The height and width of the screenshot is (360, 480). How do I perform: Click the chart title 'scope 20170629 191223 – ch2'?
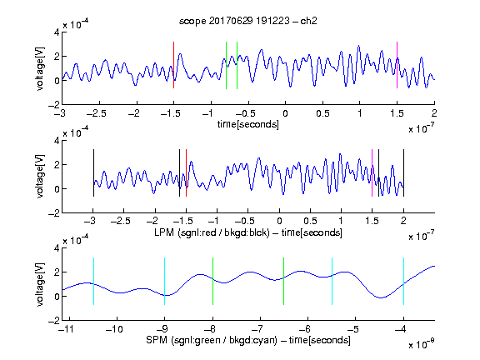point(248,21)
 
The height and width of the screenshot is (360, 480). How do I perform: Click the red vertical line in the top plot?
point(173,65)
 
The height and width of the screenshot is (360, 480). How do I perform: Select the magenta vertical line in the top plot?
point(397,65)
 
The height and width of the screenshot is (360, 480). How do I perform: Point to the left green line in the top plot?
point(226,65)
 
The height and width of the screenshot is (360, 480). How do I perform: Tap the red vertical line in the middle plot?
point(186,172)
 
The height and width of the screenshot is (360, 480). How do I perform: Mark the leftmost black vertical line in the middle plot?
point(93,172)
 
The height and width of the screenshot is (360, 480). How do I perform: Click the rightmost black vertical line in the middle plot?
point(404,172)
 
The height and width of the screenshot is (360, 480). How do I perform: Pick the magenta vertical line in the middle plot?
point(372,172)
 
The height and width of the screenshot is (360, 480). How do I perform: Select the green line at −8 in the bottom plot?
point(212,282)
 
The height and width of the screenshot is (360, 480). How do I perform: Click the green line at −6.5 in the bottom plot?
point(284,282)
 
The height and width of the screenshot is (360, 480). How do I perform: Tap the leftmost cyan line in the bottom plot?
point(93,282)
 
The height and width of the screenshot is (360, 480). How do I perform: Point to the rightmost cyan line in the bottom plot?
point(404,282)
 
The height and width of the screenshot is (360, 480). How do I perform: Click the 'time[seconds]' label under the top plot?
point(248,124)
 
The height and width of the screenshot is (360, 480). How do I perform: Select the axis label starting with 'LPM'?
point(248,232)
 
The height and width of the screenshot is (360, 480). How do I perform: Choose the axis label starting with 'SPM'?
point(248,340)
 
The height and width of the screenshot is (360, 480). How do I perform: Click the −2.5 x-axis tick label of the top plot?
point(97,113)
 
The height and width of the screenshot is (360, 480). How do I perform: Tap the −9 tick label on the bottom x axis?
point(162,329)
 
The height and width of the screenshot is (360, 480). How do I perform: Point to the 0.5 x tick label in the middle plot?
point(310,222)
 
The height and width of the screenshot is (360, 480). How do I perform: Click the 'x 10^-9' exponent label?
point(422,344)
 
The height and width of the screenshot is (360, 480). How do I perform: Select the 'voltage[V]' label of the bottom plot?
point(40,284)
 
